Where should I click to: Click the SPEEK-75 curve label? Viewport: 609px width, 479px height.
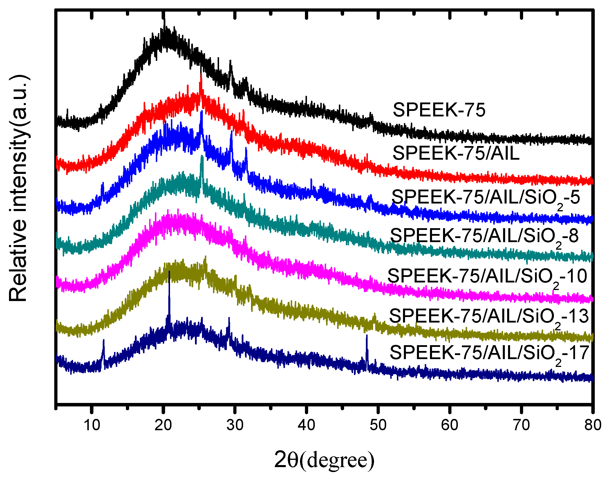click(x=439, y=110)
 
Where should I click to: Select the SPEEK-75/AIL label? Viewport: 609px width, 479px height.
click(x=456, y=153)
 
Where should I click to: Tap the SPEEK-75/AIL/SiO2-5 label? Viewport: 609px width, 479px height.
click(x=485, y=198)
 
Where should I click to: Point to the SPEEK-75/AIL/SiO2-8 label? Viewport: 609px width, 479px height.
click(x=484, y=236)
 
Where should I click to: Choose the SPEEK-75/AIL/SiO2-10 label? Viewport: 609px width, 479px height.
click(x=487, y=276)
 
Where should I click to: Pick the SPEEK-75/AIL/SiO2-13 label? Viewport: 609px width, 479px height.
click(x=489, y=316)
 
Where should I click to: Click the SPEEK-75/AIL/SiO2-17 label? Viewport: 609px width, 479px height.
click(x=489, y=353)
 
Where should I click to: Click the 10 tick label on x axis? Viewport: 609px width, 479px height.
click(x=92, y=425)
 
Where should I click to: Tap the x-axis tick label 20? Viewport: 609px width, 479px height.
click(x=163, y=425)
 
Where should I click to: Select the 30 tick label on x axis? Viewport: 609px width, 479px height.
click(x=235, y=425)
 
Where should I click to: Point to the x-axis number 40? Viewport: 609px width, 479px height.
click(x=306, y=425)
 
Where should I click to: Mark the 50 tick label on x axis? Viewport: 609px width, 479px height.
click(x=378, y=425)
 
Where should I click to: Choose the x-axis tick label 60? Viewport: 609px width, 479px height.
click(x=449, y=425)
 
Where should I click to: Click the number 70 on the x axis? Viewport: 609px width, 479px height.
click(x=521, y=425)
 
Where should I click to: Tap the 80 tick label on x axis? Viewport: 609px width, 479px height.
click(x=592, y=425)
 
